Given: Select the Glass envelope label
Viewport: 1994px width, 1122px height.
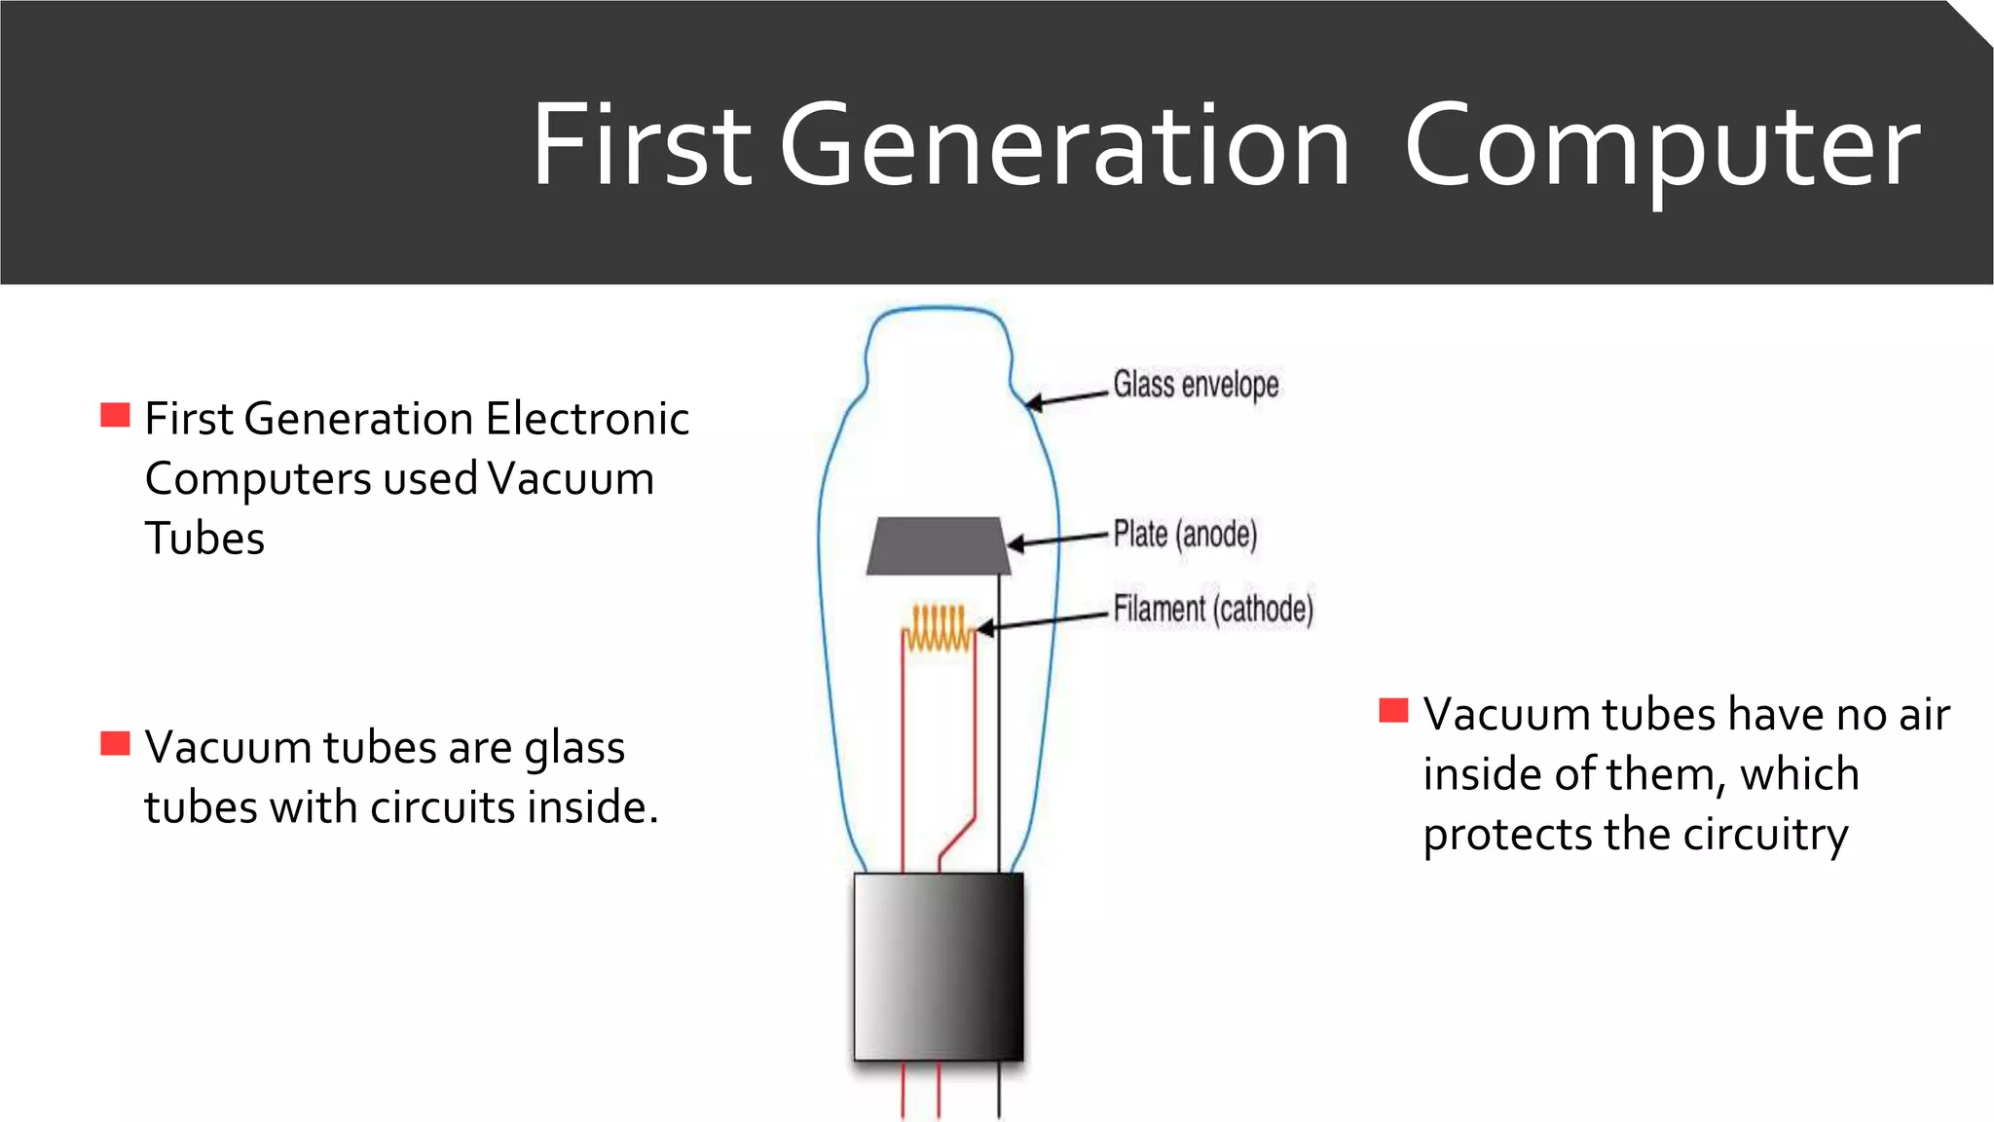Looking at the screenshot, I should click(x=1196, y=385).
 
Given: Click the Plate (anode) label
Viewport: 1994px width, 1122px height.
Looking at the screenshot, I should click(x=1185, y=535).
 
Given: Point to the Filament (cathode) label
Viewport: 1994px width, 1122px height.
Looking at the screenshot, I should click(x=1213, y=610).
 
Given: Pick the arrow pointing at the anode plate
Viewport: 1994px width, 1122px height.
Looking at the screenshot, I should click(x=1057, y=540).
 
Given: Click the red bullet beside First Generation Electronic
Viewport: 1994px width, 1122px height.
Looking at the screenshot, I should click(x=115, y=415).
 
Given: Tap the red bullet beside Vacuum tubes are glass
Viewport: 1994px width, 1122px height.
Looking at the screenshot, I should click(x=115, y=743).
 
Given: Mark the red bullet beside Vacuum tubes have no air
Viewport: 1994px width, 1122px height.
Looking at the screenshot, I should click(x=1393, y=710).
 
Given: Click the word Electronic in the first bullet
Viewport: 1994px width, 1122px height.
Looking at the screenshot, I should click(x=587, y=419).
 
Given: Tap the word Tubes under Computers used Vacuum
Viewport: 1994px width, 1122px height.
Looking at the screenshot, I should click(x=204, y=539).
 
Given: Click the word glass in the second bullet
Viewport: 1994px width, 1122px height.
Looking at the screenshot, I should click(x=574, y=749).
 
